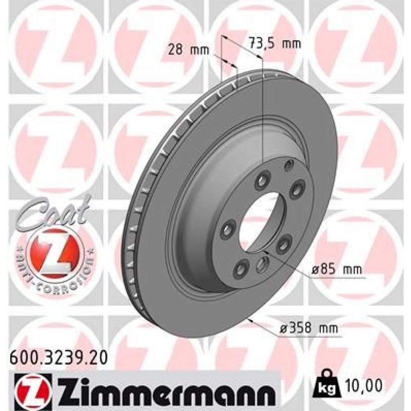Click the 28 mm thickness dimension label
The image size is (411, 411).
189,51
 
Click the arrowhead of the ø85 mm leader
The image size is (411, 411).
264,250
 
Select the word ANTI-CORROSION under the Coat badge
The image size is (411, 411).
55,273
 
